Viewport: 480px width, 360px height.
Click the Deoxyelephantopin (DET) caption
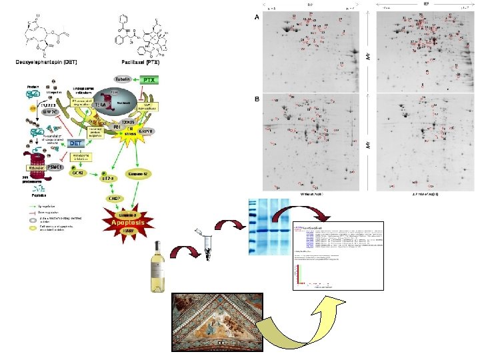[47, 62]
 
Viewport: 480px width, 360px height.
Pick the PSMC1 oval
[60, 167]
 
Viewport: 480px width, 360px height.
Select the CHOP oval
[113, 199]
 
